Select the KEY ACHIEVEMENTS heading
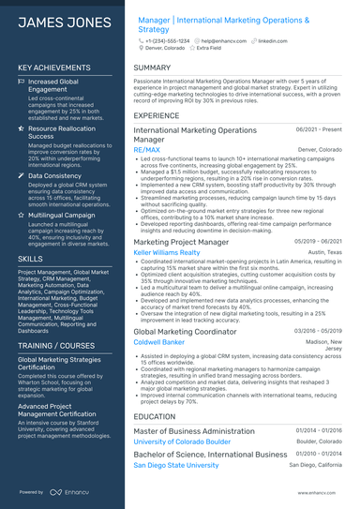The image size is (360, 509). point(55,67)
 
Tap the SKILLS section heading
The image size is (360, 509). point(30,258)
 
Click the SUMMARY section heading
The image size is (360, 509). point(152,67)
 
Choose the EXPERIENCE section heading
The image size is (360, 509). point(157,115)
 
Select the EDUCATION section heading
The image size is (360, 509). point(155,417)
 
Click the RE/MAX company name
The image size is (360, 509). point(146,149)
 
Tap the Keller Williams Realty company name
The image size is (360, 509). point(168,252)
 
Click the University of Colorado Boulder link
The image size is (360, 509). point(182,442)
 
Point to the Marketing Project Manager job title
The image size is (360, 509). point(181,241)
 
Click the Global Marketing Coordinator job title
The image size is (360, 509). point(187,331)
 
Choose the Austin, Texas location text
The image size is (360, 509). point(324,252)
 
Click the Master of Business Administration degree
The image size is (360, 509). point(194,431)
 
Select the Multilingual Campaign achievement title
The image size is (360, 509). point(68,214)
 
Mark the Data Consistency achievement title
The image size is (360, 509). point(55,175)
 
